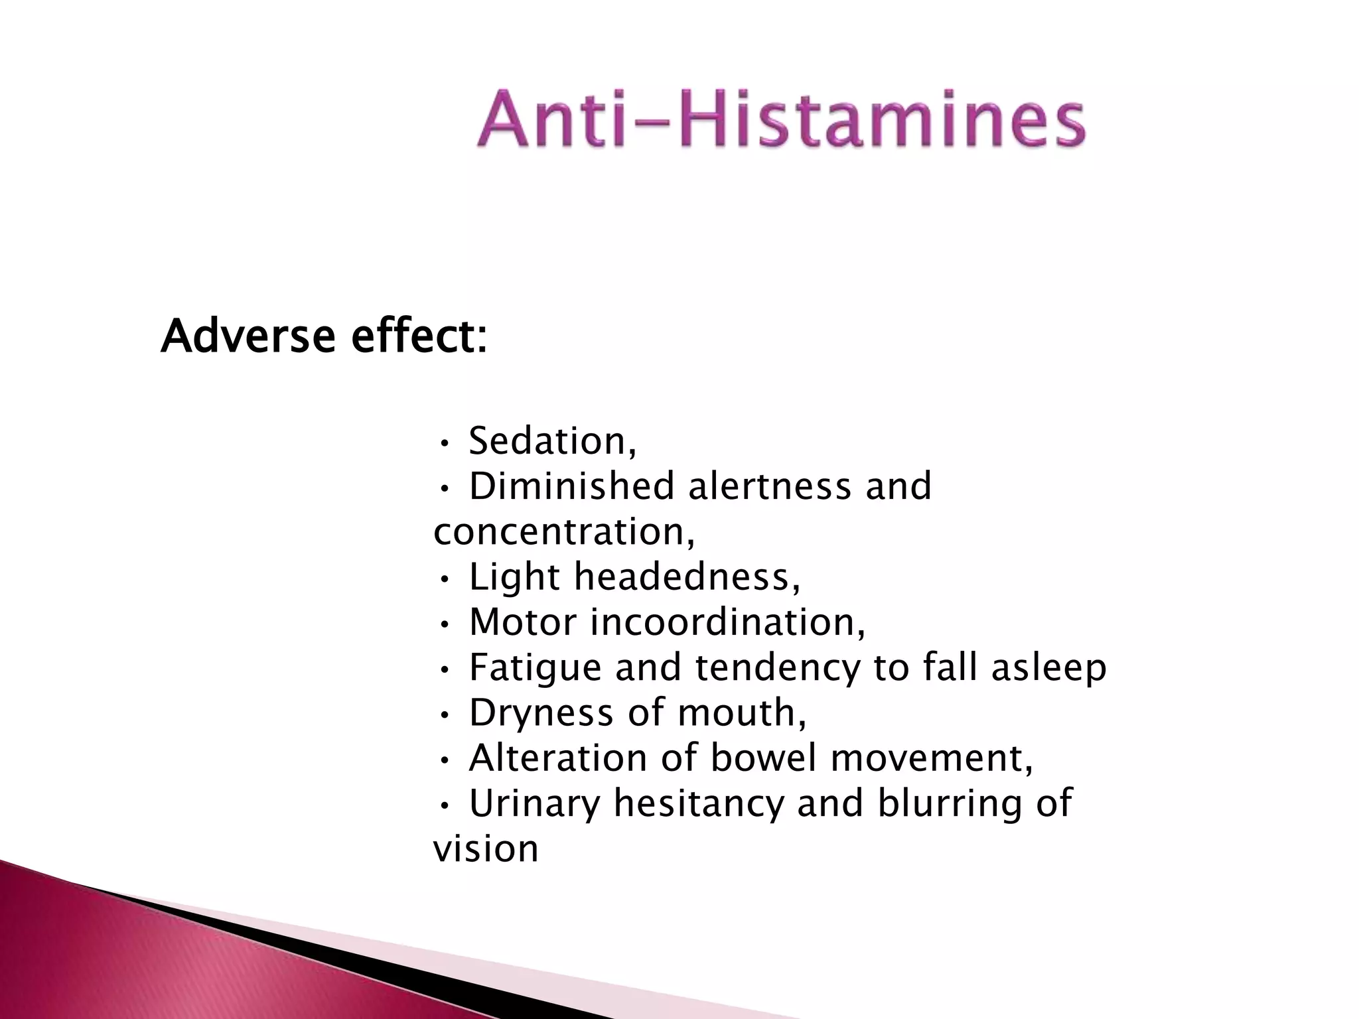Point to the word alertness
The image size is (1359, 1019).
tap(769, 486)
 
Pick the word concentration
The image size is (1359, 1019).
tap(564, 531)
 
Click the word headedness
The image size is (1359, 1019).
tap(687, 577)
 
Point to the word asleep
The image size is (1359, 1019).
tap(1048, 667)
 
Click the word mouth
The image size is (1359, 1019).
tap(741, 713)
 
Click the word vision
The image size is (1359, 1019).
tap(486, 849)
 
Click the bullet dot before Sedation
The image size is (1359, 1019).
tap(445, 442)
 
